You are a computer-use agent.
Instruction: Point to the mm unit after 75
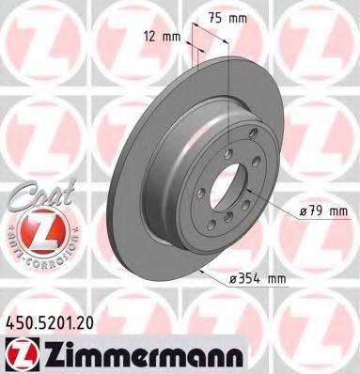point(240,17)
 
